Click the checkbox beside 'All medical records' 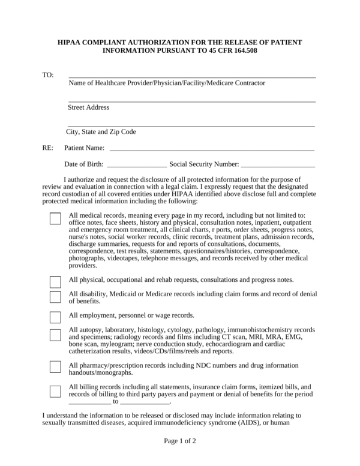pos(55,218)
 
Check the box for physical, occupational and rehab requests pos(55,282)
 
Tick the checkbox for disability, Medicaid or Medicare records pos(55,297)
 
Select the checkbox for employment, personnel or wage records pos(55,317)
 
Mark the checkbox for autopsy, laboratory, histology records pos(55,335)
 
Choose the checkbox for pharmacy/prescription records pos(55,367)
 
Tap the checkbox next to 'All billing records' pos(55,391)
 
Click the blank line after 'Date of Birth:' pos(137,164)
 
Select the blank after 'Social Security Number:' pos(277,164)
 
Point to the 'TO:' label pos(48,76)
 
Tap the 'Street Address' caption pos(88,107)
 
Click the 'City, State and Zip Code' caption pos(101,132)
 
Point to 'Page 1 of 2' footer pos(180,441)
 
